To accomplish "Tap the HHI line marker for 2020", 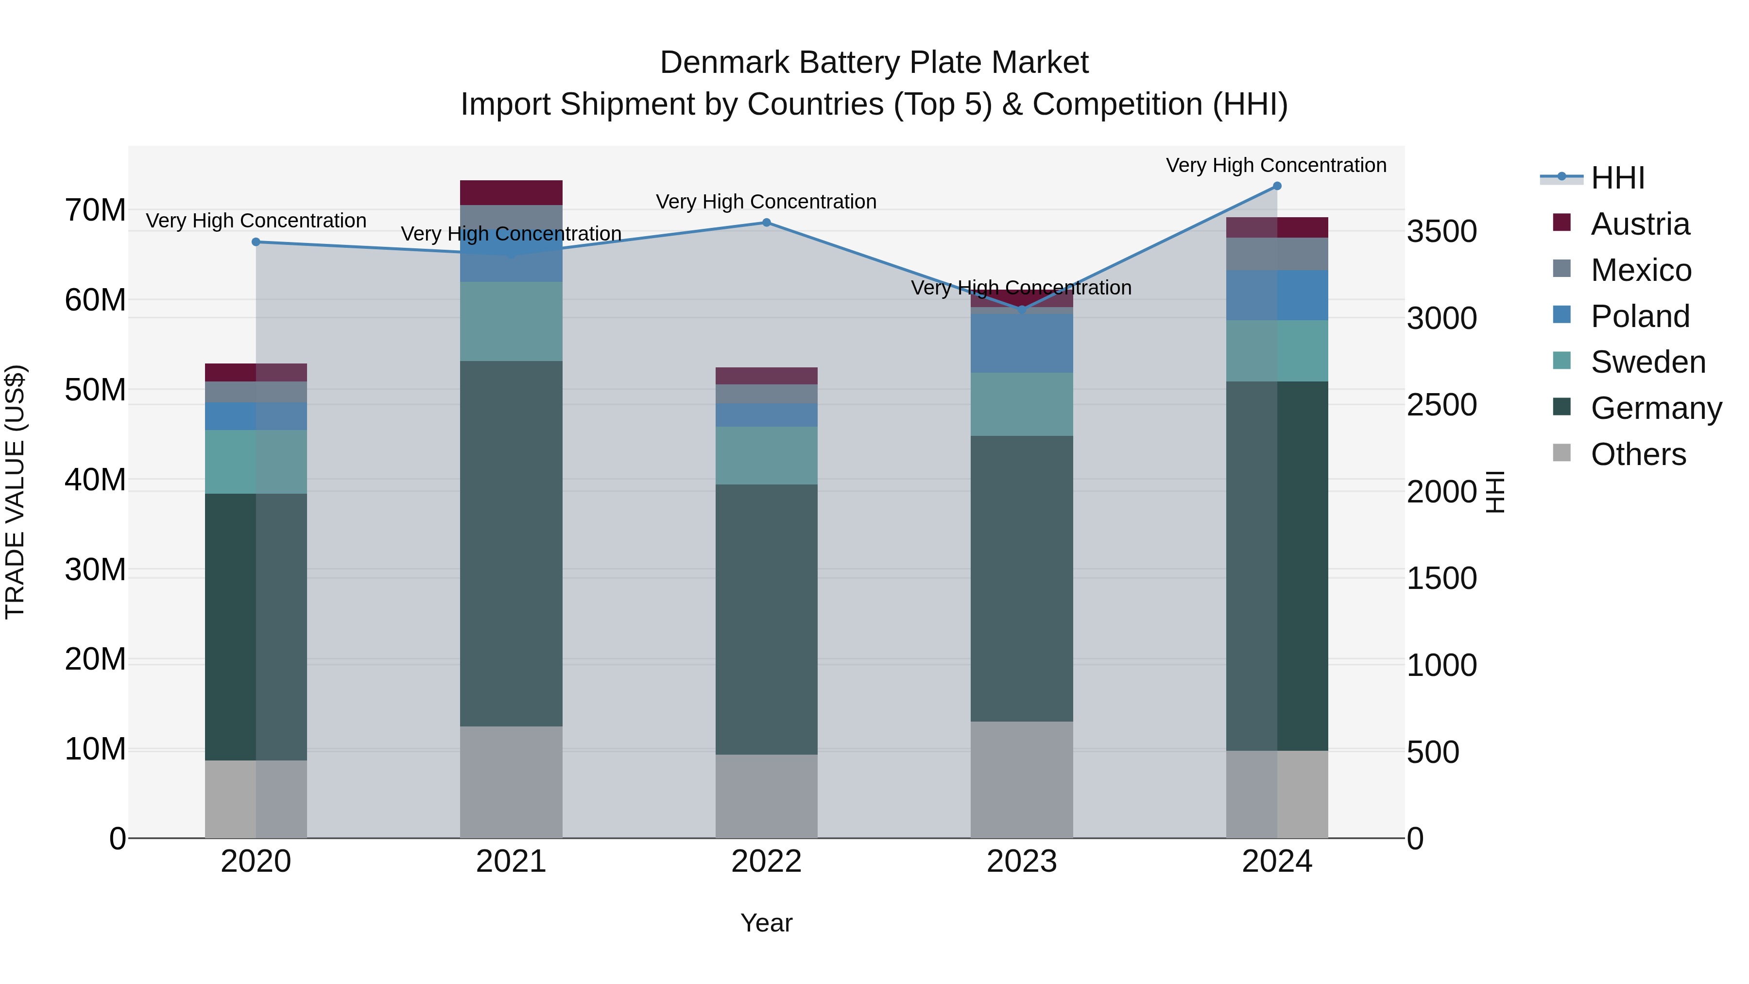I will [256, 242].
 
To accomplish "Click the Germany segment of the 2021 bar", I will [511, 543].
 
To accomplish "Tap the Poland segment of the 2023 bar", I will [1021, 343].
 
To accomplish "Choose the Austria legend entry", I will [1639, 224].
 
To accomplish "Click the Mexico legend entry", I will [1640, 270].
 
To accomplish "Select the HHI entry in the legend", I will [1617, 178].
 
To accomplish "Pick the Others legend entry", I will [1638, 454].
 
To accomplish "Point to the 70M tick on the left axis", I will [95, 210].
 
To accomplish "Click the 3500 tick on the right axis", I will [1441, 232].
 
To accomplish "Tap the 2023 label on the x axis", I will [1021, 862].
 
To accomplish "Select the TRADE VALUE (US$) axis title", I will [15, 492].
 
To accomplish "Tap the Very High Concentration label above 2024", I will [1276, 166].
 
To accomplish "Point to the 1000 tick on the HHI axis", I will [1441, 666].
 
